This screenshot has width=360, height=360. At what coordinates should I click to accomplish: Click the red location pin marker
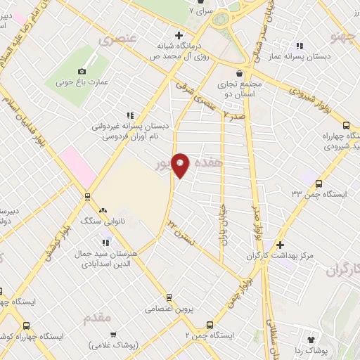(x=180, y=165)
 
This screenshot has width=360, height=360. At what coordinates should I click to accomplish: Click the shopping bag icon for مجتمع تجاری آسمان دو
(x=239, y=72)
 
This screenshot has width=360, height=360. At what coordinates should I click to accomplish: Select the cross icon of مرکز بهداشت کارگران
(x=280, y=245)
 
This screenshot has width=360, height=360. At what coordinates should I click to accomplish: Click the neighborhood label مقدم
(x=97, y=318)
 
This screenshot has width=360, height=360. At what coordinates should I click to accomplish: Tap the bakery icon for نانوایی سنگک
(x=103, y=210)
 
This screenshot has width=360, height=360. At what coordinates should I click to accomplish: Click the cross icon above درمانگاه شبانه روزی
(x=179, y=35)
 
